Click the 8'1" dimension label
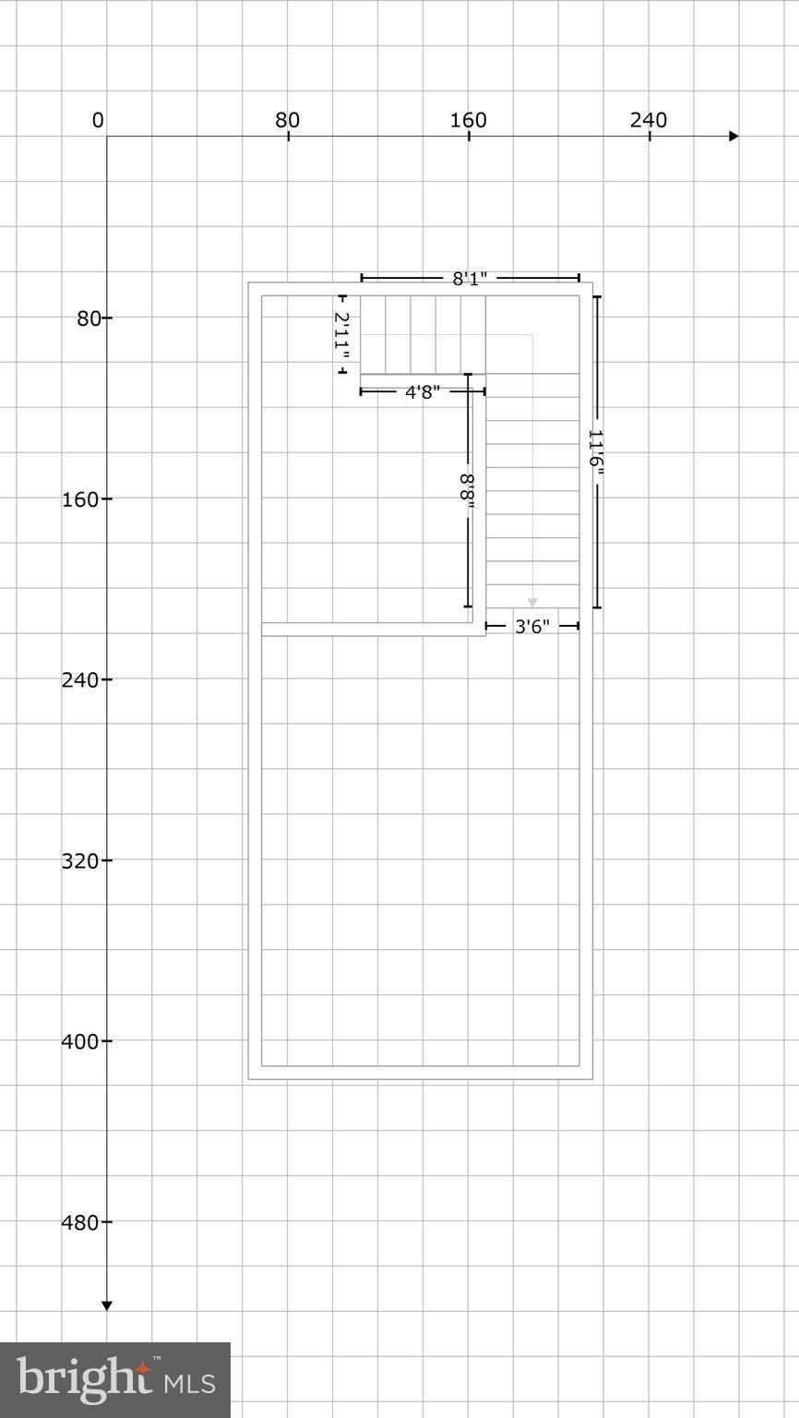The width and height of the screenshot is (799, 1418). click(470, 278)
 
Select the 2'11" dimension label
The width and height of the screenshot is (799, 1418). click(341, 335)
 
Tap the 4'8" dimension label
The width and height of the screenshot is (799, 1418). click(423, 391)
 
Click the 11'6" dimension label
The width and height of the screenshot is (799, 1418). click(596, 453)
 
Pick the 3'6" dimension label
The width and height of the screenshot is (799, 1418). click(532, 627)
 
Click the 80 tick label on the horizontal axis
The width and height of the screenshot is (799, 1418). click(288, 120)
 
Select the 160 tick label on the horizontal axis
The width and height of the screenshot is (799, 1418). click(469, 120)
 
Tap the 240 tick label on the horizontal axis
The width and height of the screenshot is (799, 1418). click(649, 120)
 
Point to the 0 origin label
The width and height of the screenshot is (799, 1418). click(98, 120)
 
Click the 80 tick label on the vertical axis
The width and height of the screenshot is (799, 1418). click(88, 318)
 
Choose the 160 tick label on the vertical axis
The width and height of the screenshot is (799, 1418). click(80, 499)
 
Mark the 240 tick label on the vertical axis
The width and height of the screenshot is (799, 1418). click(80, 680)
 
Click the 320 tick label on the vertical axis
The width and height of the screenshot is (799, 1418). click(80, 861)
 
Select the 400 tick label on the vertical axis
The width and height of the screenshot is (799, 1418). click(80, 1041)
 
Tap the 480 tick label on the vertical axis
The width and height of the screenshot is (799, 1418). click(80, 1222)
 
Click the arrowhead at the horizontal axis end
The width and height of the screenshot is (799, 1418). click(733, 137)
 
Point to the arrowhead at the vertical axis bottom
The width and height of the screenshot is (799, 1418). click(107, 1304)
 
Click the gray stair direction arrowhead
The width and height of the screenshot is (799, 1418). click(532, 603)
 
